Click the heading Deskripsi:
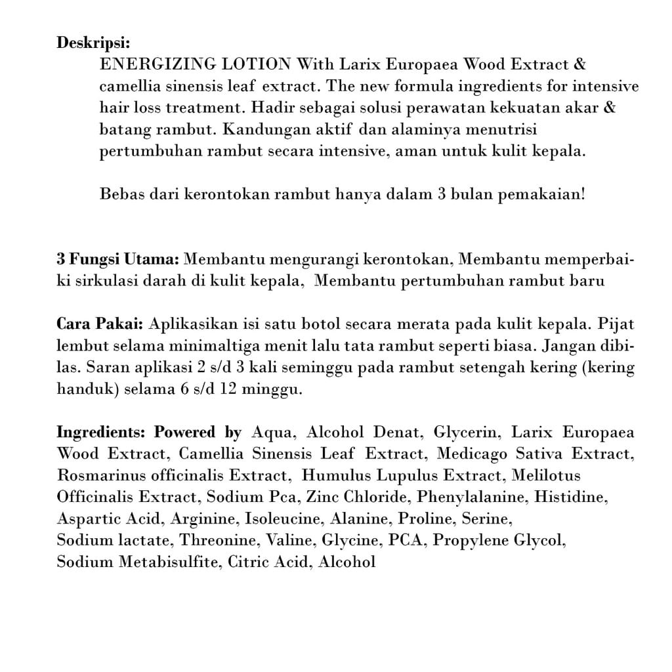93,43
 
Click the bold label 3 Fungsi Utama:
118,259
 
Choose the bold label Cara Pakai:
100,324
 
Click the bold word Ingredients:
103,432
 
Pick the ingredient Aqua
270,432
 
